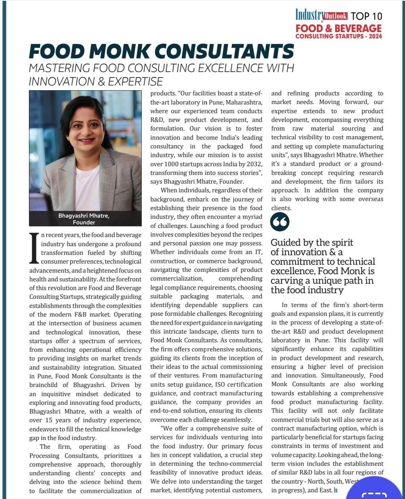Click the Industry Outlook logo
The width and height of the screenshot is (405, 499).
point(321,15)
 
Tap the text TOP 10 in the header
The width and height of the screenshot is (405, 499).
point(366,16)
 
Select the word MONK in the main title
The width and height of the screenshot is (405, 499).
point(115,51)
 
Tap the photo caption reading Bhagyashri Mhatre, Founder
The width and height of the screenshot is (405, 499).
point(84,218)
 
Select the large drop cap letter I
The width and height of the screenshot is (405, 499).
point(34,248)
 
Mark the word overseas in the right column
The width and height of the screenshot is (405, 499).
point(371,199)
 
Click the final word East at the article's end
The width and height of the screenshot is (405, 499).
point(325,490)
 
